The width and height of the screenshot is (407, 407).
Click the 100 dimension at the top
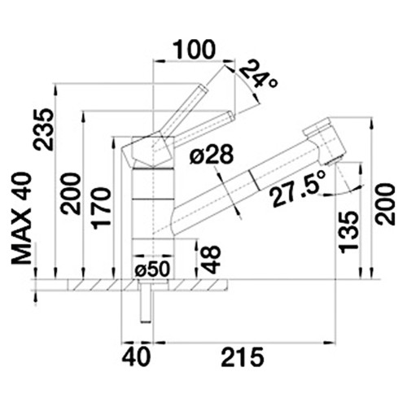[194, 50]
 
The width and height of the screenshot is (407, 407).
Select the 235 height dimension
[42, 129]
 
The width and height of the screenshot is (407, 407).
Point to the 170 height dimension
[102, 208]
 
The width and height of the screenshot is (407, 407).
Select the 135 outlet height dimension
[348, 233]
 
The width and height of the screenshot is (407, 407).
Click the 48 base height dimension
[211, 259]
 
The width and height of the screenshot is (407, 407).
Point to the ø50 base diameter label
[152, 269]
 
